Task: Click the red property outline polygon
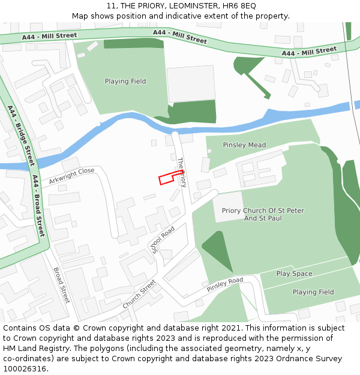[x=170, y=177]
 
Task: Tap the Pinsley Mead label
[x=244, y=145]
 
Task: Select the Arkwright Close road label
[x=72, y=175]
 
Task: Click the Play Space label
[x=294, y=274]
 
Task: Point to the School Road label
[x=163, y=239]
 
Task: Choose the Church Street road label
[x=139, y=294]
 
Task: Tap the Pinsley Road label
[x=225, y=284]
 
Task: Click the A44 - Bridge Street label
[x=22, y=136]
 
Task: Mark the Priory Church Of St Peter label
[x=263, y=211]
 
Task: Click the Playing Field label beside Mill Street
[x=125, y=82]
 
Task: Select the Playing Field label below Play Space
[x=313, y=292]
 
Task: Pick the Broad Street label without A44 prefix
[x=62, y=285]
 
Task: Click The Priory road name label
[x=182, y=172]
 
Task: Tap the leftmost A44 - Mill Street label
[x=50, y=37]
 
